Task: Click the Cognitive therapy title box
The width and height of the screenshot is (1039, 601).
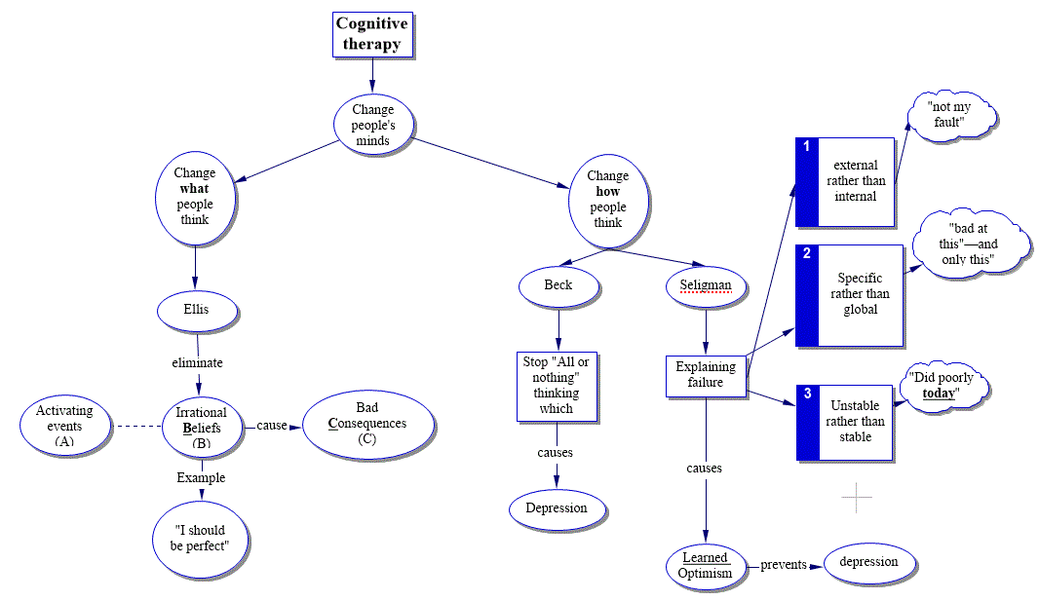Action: [371, 34]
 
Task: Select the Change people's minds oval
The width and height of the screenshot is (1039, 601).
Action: [372, 125]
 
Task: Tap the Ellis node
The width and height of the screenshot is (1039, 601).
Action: [196, 311]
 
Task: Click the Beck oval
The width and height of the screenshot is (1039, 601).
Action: [558, 285]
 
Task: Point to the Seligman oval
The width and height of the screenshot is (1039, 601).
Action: [706, 285]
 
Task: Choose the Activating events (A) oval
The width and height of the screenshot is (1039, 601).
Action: [64, 426]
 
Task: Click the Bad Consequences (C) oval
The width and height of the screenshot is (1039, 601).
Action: [367, 424]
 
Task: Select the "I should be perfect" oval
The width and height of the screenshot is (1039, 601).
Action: [199, 538]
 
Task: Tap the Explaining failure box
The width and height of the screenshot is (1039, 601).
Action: [706, 375]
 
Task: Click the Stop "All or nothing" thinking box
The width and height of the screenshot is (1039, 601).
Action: [557, 385]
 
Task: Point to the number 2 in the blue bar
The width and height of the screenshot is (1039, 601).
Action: [807, 254]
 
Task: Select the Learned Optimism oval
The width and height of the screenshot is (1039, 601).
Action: [705, 565]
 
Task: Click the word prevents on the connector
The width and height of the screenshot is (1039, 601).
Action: [784, 565]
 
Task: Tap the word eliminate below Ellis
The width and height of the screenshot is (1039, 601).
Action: [197, 362]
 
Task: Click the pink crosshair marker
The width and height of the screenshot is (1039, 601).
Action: [857, 498]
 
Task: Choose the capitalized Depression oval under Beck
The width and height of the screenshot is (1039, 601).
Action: [557, 507]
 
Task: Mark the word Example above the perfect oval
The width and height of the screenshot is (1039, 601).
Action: [201, 477]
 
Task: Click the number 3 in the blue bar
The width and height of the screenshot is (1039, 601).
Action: [807, 394]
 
